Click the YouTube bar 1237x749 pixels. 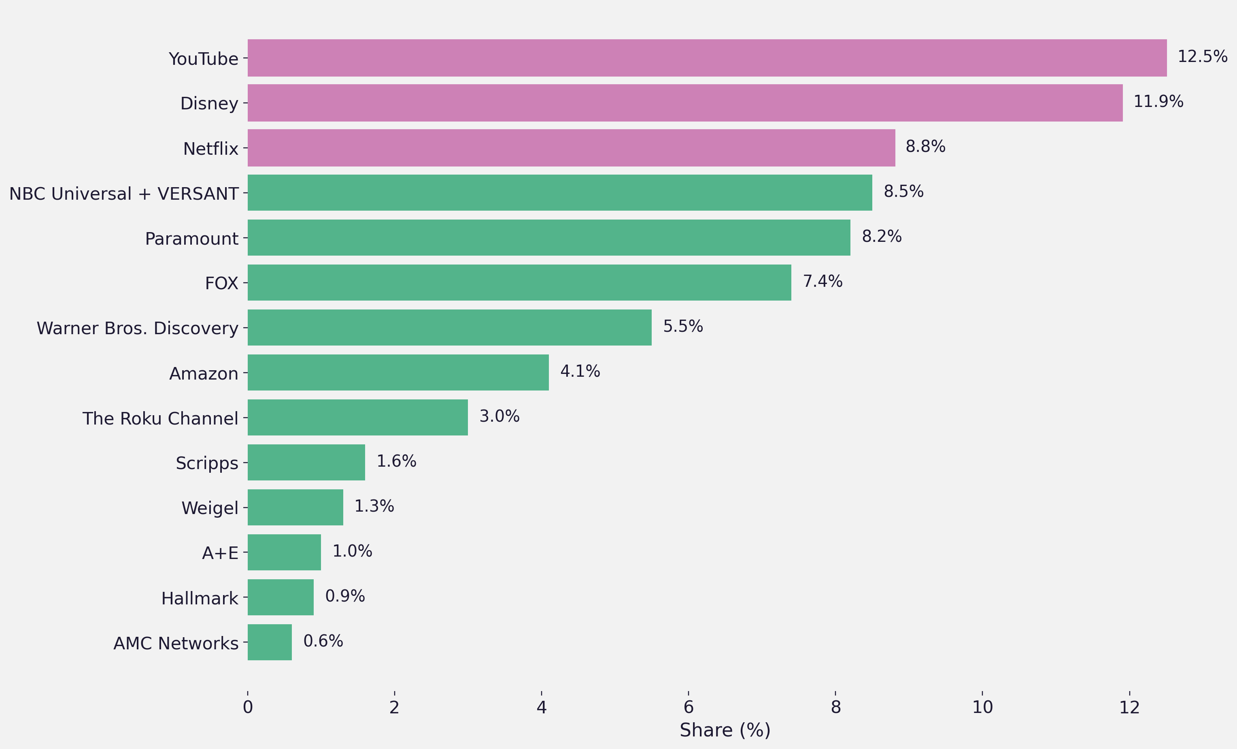[x=707, y=58]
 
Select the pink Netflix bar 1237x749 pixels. [x=571, y=148]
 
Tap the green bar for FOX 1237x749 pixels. [x=519, y=282]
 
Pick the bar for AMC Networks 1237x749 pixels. [x=270, y=642]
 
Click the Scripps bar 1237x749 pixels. [x=306, y=462]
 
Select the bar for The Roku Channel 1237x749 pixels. [x=357, y=418]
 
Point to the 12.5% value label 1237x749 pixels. [x=1202, y=56]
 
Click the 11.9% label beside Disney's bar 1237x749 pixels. [x=1158, y=102]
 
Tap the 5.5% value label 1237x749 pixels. [x=683, y=326]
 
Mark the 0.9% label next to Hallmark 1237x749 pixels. [x=345, y=596]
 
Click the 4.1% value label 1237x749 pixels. [x=580, y=371]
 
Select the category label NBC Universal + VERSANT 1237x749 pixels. [x=123, y=193]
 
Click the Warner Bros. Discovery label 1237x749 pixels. [x=137, y=328]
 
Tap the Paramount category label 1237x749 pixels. [x=191, y=239]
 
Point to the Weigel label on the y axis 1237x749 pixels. [x=209, y=508]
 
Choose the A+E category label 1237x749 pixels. [x=220, y=553]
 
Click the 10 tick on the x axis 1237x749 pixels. [x=982, y=707]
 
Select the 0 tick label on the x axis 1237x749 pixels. [x=247, y=707]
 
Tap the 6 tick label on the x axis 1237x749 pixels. [x=688, y=707]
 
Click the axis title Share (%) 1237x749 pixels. [x=725, y=730]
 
